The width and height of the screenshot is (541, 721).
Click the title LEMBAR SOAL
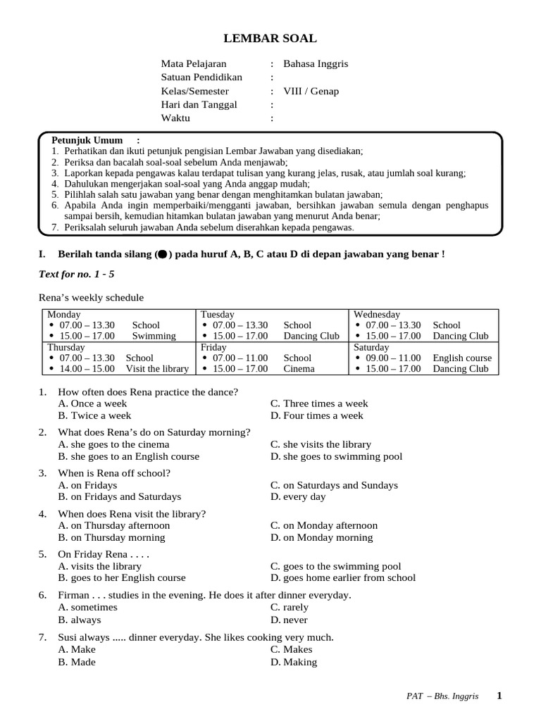270,39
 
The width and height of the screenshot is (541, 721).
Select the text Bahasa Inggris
316,63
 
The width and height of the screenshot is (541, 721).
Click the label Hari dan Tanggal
199,104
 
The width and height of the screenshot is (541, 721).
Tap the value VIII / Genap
311,91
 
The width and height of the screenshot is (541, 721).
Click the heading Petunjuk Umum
87,140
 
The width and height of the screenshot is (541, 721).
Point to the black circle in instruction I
163,254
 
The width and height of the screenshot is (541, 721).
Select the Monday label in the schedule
64,314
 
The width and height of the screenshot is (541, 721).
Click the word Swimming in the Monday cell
154,336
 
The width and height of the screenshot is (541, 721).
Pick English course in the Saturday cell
462,358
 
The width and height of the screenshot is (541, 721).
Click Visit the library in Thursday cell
157,368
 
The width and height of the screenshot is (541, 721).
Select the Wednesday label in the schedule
377,314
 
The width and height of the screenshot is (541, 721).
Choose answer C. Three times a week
319,403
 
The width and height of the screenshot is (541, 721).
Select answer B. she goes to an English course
129,456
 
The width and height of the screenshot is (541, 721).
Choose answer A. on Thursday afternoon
114,525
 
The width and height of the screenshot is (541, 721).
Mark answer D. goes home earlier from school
343,577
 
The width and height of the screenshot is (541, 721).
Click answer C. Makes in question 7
292,649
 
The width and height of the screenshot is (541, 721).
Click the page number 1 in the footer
499,696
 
